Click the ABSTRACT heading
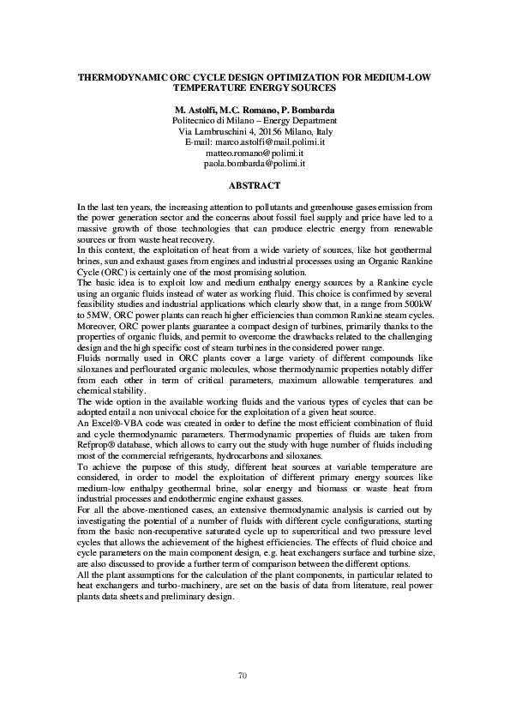point(255,185)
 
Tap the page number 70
point(255,677)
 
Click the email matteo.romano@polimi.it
point(255,153)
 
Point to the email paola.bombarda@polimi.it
point(255,163)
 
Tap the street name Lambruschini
point(222,132)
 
